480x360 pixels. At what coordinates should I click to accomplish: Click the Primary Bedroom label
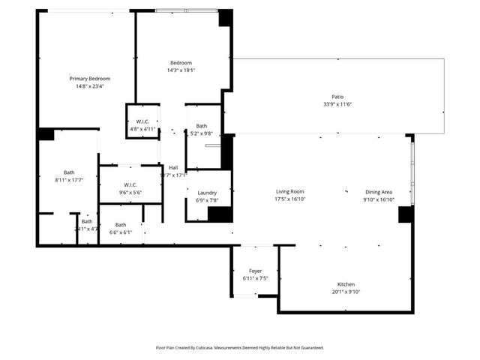tap(90, 79)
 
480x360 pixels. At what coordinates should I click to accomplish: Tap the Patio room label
tap(337, 96)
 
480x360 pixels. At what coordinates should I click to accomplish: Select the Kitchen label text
tap(346, 284)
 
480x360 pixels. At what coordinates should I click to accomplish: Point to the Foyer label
tap(255, 271)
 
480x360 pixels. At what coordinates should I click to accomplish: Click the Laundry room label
tap(207, 193)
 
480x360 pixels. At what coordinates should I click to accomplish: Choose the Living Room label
tap(289, 192)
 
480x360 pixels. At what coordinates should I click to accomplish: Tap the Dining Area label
tap(378, 192)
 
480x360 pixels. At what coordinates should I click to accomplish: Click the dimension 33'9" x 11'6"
tap(337, 103)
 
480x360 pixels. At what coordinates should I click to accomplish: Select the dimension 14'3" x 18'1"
tap(181, 70)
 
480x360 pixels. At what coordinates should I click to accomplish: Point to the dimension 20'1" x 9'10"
tap(346, 292)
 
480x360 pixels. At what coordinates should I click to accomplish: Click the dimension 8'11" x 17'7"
tap(69, 180)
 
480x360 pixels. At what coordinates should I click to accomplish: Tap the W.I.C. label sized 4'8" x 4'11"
tap(142, 121)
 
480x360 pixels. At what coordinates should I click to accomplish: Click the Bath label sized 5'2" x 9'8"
tap(202, 126)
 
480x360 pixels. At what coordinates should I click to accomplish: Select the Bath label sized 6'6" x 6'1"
tap(121, 225)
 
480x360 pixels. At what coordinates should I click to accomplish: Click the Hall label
tap(173, 167)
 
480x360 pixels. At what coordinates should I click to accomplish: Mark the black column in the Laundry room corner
tap(220, 214)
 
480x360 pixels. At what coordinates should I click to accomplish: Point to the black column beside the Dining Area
tap(406, 214)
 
